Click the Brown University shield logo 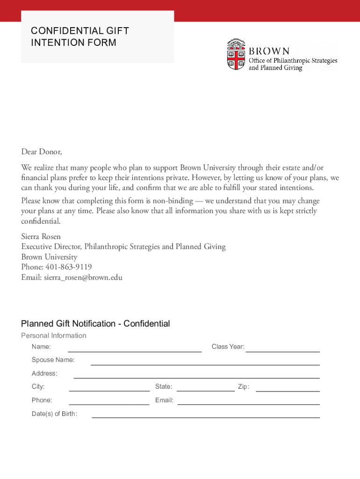236,55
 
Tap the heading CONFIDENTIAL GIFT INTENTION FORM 79,37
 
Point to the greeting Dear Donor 41,152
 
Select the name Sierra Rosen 41,236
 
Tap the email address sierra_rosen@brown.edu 83,277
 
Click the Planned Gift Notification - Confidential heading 95,324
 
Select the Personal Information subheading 54,335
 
